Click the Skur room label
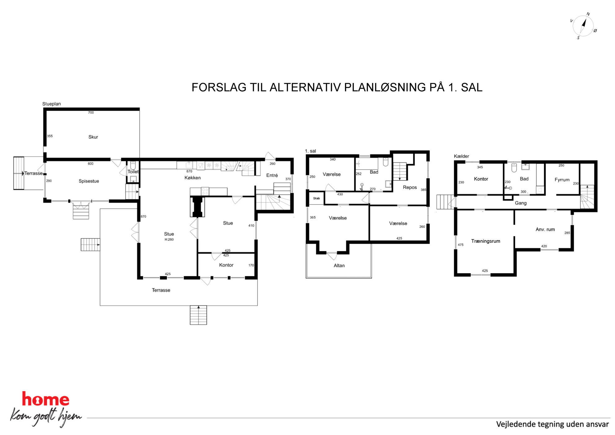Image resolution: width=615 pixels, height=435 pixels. [93, 137]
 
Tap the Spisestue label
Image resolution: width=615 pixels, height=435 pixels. [89, 181]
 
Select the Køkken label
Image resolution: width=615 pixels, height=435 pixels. [192, 178]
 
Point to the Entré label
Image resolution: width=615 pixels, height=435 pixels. [272, 175]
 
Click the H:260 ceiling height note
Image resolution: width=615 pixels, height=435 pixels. [169, 240]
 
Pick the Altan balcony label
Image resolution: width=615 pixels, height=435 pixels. [339, 265]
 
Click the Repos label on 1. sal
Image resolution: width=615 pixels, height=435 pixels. [410, 187]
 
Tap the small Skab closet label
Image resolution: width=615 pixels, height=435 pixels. [316, 198]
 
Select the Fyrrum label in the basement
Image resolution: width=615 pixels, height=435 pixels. [562, 180]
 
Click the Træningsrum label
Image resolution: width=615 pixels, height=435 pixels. [486, 241]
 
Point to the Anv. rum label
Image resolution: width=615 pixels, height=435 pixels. [545, 229]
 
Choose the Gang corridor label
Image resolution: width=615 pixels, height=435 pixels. [521, 203]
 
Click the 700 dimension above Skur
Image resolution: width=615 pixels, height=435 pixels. [91, 113]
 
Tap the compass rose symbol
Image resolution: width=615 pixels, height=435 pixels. [583, 26]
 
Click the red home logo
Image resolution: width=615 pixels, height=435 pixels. [46, 399]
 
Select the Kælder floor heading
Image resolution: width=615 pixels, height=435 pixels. [462, 156]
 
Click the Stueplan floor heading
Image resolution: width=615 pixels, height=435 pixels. [51, 104]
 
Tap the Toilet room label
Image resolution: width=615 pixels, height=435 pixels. [133, 172]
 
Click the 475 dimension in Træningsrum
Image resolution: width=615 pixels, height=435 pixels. [461, 245]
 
